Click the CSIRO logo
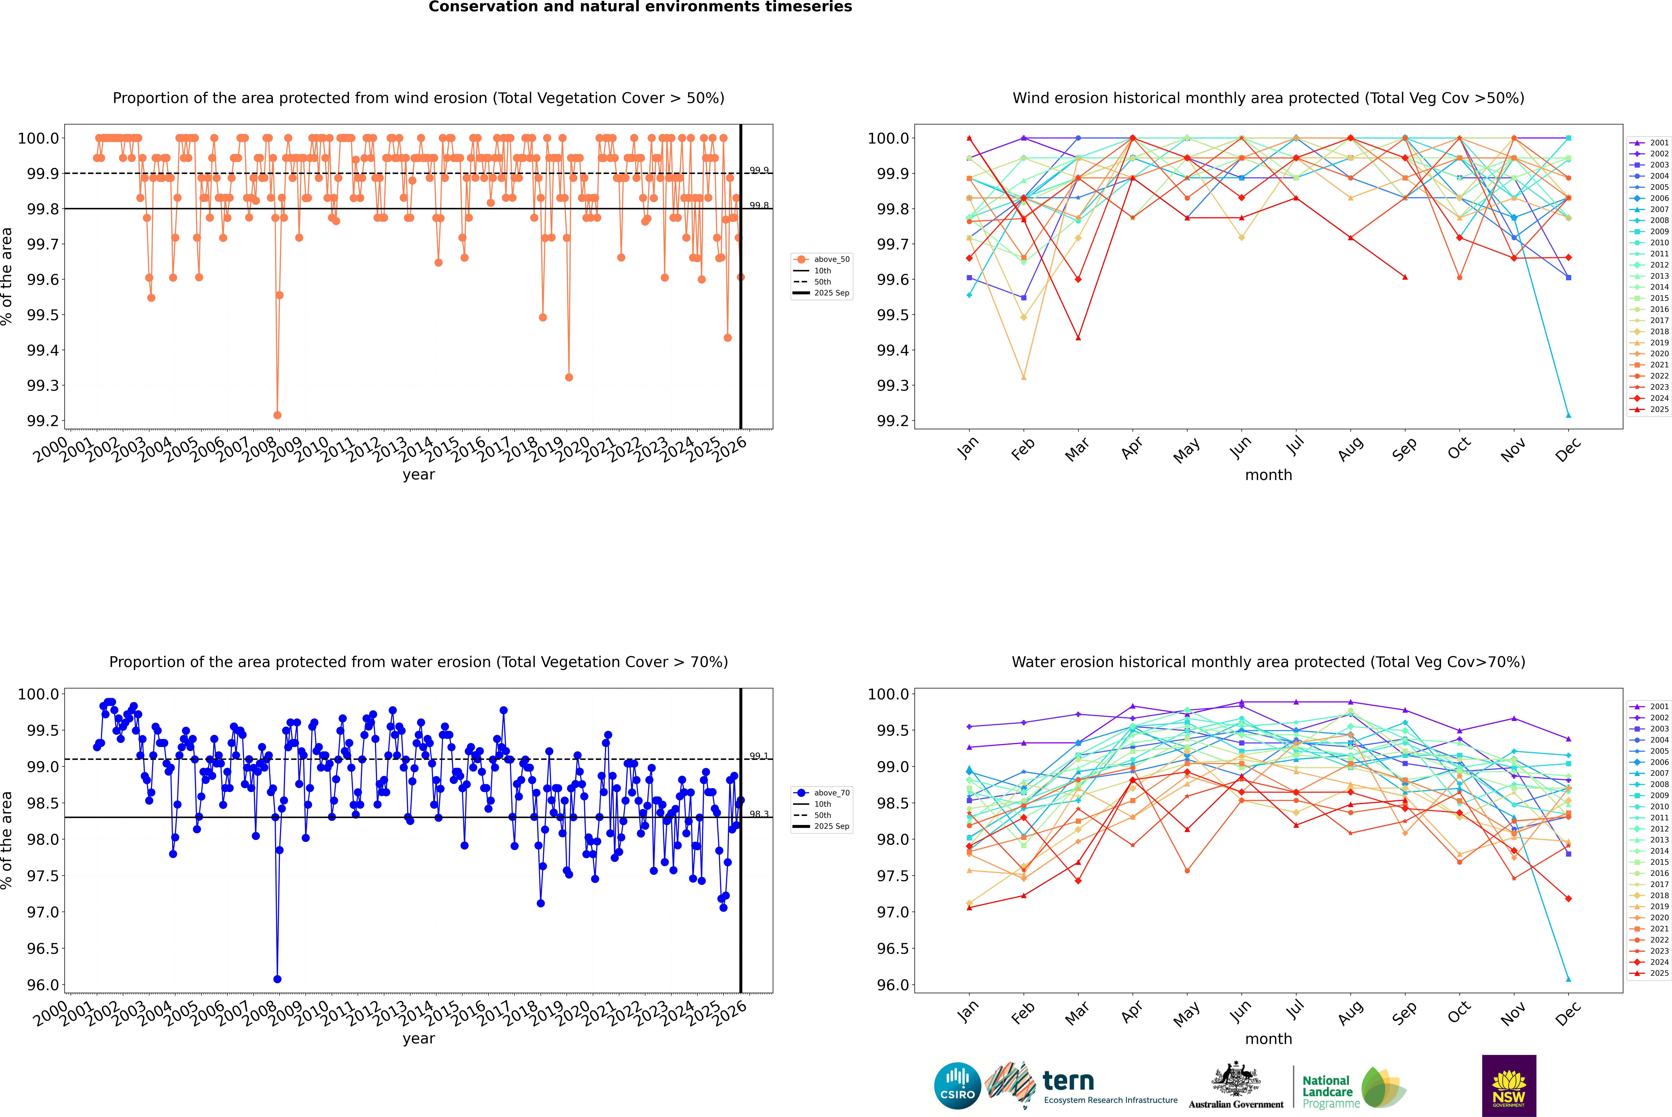(957, 1086)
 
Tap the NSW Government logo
(1509, 1086)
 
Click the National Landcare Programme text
(1327, 1091)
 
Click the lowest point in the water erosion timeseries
(277, 979)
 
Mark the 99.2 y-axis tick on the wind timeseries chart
(43, 421)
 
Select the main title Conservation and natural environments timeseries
(640, 7)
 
